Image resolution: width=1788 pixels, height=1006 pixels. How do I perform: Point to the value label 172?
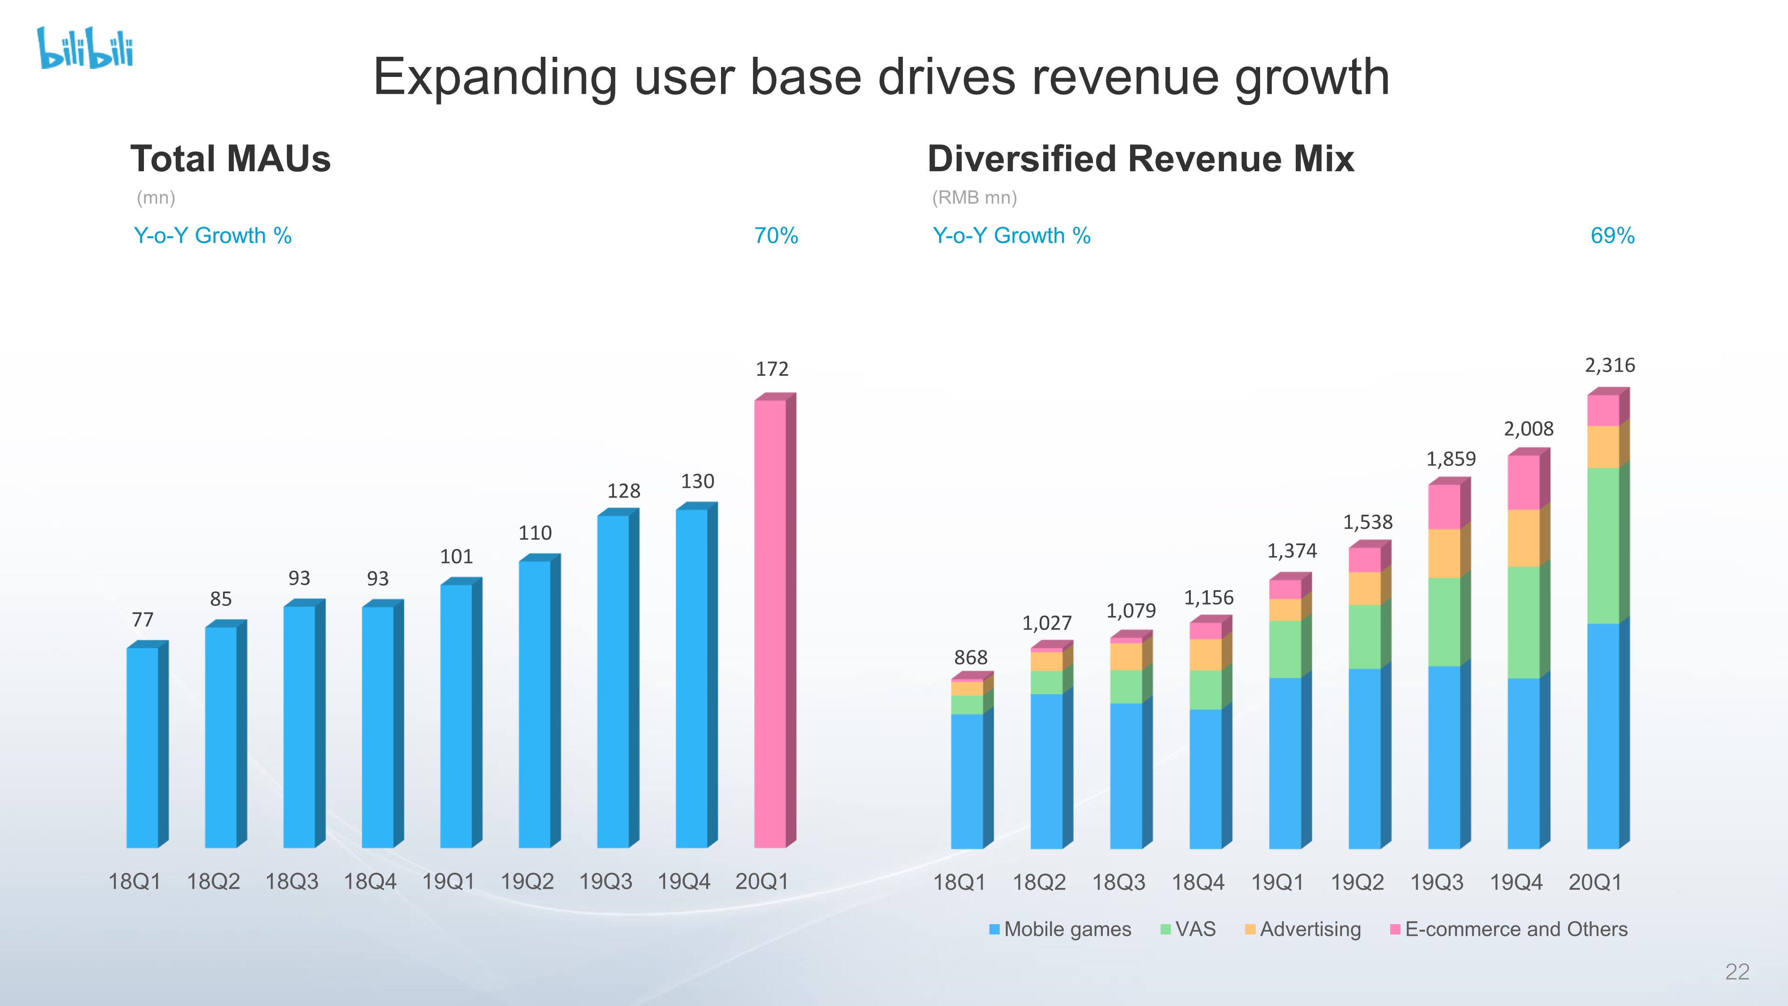pos(772,369)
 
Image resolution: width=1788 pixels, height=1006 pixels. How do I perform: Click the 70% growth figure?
pos(776,236)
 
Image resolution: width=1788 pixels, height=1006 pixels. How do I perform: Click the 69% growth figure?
pos(1612,236)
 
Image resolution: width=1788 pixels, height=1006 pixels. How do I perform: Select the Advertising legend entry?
pos(1303,929)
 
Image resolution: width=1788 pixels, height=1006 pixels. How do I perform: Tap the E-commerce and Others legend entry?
pos(1509,929)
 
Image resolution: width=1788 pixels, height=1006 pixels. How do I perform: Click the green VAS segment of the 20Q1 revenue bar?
pos(1603,545)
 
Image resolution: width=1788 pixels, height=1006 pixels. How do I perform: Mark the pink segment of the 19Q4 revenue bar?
pos(1523,482)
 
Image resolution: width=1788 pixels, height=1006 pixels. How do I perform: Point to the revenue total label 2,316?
pos(1610,365)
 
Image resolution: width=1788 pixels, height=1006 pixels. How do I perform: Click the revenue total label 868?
pos(970,657)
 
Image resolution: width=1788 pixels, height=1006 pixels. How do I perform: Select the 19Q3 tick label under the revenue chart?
pos(1436,883)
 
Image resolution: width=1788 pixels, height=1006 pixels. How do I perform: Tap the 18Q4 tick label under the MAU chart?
pos(370,882)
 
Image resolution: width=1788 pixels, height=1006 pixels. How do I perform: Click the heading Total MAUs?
pos(231,159)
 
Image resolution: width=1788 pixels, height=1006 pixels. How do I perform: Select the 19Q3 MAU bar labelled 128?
pos(614,681)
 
